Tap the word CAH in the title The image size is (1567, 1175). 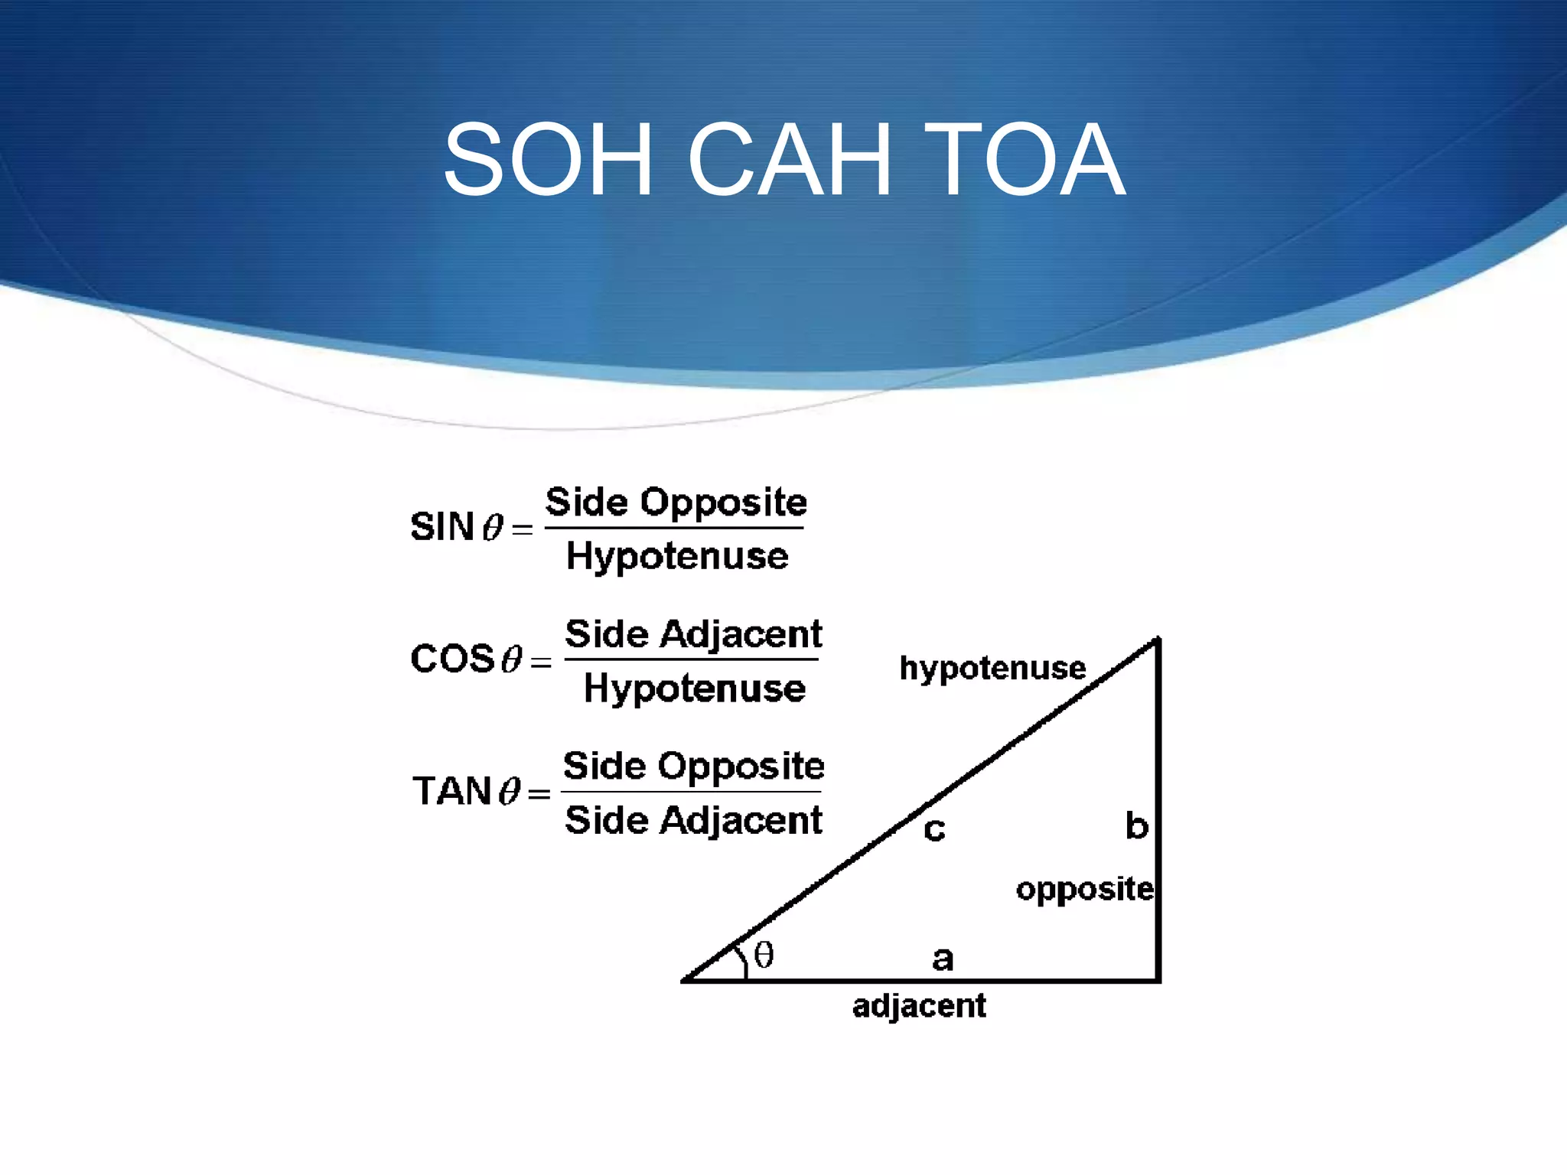pyautogui.click(x=790, y=160)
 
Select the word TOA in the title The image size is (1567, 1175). pyautogui.click(x=1025, y=160)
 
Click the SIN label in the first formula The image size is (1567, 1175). pyautogui.click(x=442, y=527)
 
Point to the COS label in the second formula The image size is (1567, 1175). pyautogui.click(x=452, y=659)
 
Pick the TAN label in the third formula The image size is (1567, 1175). pyautogui.click(x=451, y=791)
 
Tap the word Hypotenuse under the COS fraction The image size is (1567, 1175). pyautogui.click(x=695, y=688)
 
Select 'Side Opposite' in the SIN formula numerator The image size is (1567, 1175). pyautogui.click(x=676, y=503)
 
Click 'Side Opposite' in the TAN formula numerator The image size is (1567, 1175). pyautogui.click(x=693, y=766)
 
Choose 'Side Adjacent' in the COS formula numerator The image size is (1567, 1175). pyautogui.click(x=693, y=634)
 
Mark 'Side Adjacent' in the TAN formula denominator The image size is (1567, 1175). pyautogui.click(x=693, y=820)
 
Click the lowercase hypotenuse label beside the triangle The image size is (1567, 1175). pyautogui.click(x=992, y=669)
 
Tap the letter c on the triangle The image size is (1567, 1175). pyautogui.click(x=934, y=829)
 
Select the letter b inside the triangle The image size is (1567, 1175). pyautogui.click(x=1137, y=826)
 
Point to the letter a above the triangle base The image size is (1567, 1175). pyautogui.click(x=943, y=959)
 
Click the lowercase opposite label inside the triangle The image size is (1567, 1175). pyautogui.click(x=1084, y=890)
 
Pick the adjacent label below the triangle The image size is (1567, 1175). pyautogui.click(x=919, y=1006)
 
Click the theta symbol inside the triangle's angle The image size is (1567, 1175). pyautogui.click(x=764, y=955)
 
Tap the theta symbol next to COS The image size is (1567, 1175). pyautogui.click(x=512, y=659)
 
